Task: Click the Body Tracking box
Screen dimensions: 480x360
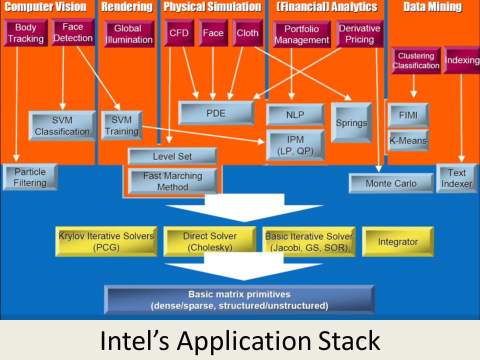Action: tap(25, 33)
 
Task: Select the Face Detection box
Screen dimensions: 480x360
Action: tap(73, 32)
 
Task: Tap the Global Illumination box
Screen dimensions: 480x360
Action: tap(129, 34)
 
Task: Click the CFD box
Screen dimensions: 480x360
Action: tap(179, 33)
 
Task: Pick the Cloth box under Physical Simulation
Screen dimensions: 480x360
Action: tap(247, 33)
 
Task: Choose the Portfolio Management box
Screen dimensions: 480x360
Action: tap(301, 34)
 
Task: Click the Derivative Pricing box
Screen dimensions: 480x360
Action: tap(359, 33)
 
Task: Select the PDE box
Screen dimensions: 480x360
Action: tap(216, 113)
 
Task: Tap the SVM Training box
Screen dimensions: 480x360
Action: tap(121, 125)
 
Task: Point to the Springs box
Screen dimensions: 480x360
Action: tap(351, 123)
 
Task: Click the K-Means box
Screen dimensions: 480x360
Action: tap(408, 140)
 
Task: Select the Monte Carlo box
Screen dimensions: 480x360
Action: tap(391, 183)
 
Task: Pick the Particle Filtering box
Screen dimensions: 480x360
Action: tap(30, 177)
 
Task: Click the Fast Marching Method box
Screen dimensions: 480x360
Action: tap(172, 181)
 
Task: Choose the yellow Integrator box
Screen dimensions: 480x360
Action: tap(398, 241)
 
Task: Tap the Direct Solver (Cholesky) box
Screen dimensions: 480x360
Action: tap(210, 241)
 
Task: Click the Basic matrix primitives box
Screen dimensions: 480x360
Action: tap(239, 300)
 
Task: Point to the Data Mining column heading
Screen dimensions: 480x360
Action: tap(432, 6)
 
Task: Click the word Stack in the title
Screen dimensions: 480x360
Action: tap(349, 340)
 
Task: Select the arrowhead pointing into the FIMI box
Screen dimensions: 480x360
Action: tap(413, 93)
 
